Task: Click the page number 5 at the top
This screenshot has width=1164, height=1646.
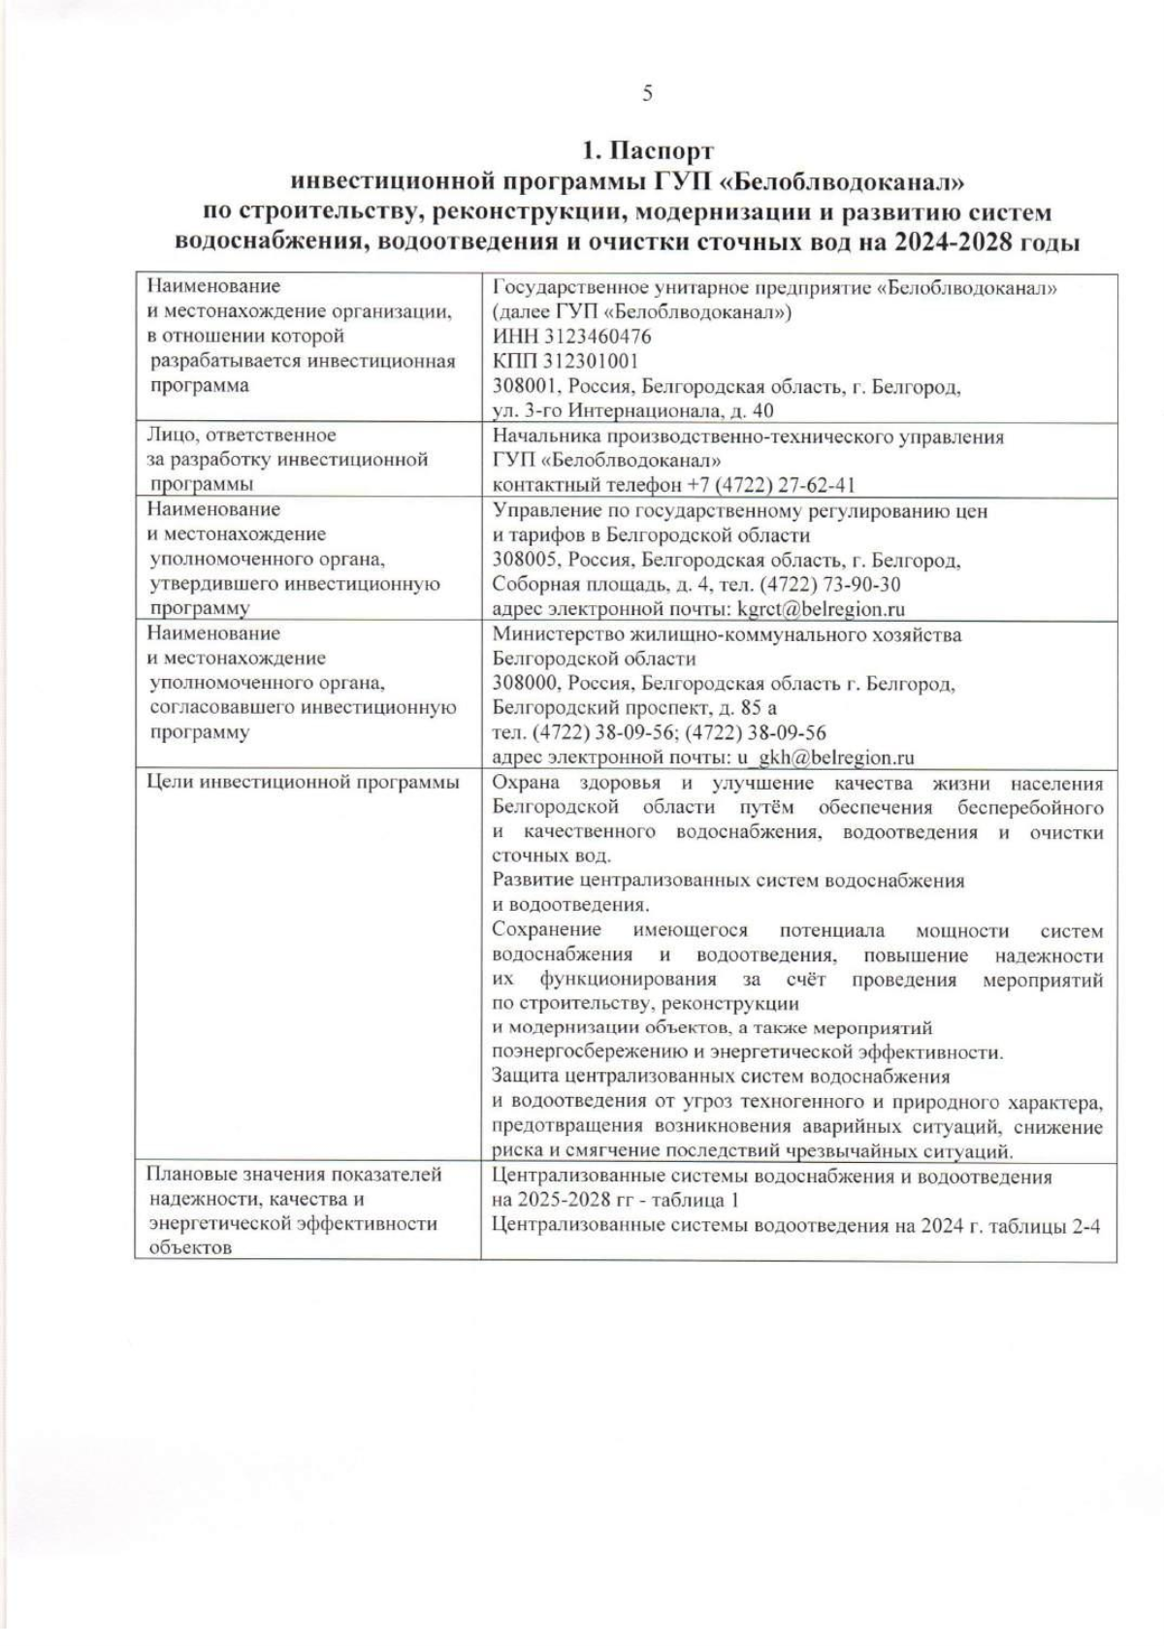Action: pos(647,93)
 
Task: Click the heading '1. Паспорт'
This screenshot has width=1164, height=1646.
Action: pos(647,152)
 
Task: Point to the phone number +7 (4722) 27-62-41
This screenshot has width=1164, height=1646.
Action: pos(772,485)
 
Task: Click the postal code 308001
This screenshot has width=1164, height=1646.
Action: pos(526,387)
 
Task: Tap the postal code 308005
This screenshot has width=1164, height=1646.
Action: pos(526,560)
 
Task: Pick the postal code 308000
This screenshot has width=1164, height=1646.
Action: pos(526,684)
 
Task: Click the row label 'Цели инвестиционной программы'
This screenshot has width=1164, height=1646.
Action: pos(303,783)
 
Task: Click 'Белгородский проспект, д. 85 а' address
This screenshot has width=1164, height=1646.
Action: pos(634,708)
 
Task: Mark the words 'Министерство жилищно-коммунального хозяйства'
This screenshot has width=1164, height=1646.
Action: pos(727,634)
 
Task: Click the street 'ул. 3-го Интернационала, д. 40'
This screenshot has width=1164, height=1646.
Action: pos(632,411)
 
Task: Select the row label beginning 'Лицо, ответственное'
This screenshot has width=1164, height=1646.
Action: pos(242,436)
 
